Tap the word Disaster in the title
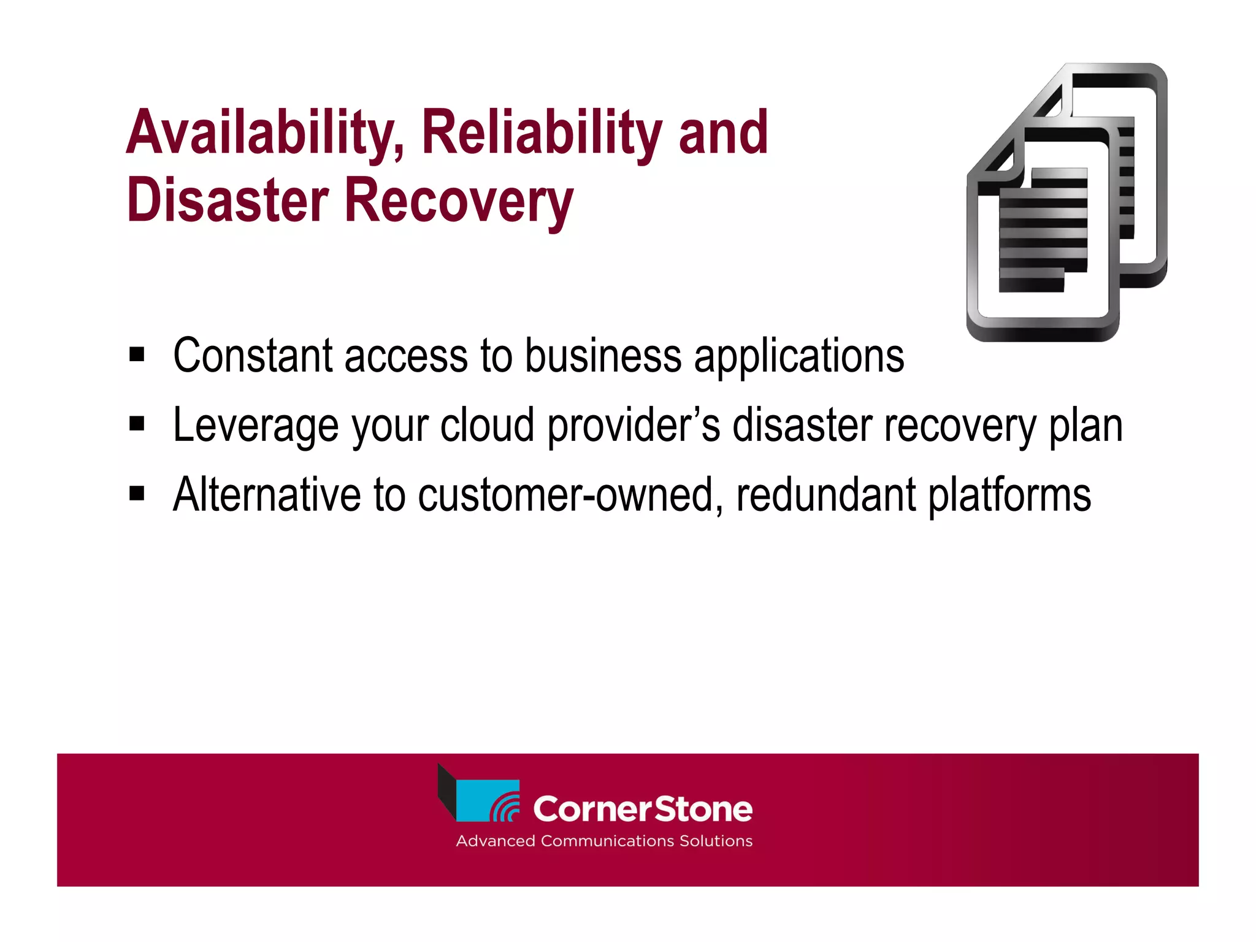[228, 201]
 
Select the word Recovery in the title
[459, 201]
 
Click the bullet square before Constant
[137, 354]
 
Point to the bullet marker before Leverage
[137, 424]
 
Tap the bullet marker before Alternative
[137, 493]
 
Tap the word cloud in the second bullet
[487, 425]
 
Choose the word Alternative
[267, 494]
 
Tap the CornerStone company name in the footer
[642, 809]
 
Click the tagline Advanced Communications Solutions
[604, 841]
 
